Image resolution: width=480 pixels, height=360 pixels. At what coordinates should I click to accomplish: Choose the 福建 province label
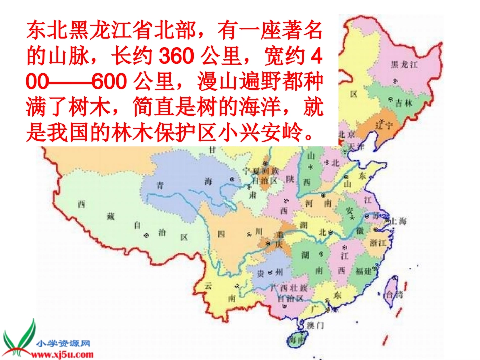coord(363,271)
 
